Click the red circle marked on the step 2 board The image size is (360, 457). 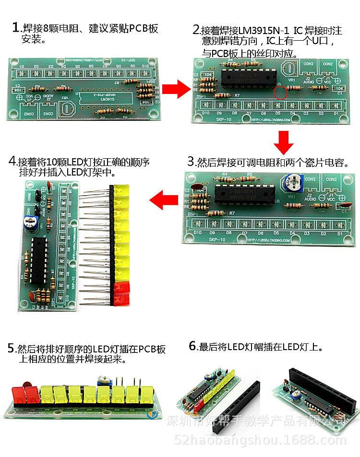coord(280,93)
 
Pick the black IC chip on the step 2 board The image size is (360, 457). coord(248,77)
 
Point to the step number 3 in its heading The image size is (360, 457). coord(191,162)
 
